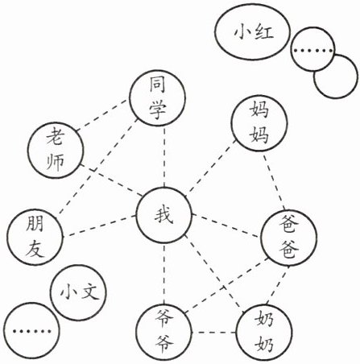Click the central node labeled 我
point(164,215)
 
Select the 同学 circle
point(157,98)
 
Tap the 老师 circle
point(56,150)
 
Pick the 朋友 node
point(35,237)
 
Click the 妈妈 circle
point(259,123)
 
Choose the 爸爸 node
point(289,238)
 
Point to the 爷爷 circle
point(164,333)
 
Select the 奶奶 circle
point(264,333)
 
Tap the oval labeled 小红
point(253,33)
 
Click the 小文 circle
point(79,292)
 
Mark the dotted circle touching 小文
point(31,331)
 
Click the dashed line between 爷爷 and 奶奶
point(214,333)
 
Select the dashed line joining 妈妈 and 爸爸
point(274,181)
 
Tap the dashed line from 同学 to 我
point(164,156)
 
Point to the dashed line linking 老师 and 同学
point(102,115)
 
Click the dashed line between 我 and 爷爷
point(164,274)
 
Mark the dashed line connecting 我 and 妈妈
point(212,168)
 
